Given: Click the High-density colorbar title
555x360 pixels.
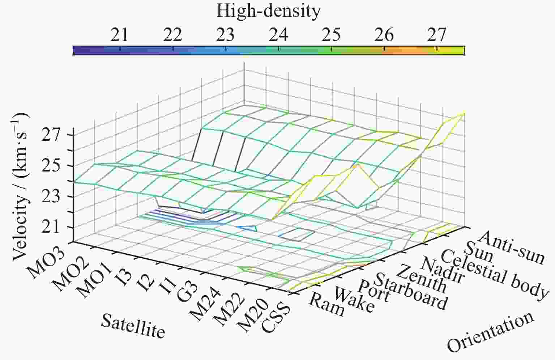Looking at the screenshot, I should tap(268, 11).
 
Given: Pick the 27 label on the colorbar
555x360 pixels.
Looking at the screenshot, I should tap(437, 35).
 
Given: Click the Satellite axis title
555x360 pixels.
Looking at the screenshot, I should tap(133, 325).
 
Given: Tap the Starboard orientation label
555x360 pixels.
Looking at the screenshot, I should tap(410, 292).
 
